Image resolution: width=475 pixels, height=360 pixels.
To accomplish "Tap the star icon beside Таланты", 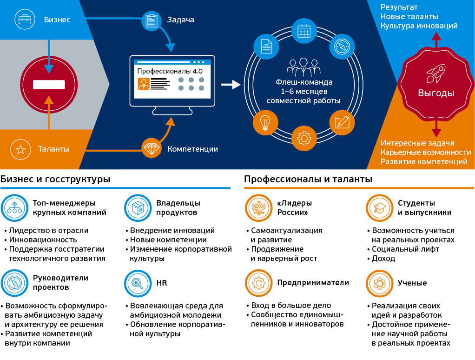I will [x=21, y=149].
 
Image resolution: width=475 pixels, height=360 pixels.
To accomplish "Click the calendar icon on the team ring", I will [x=303, y=31].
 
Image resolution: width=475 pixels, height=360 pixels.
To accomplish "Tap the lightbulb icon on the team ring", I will [x=265, y=122].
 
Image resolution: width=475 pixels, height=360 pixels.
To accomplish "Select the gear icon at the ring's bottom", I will [x=303, y=138].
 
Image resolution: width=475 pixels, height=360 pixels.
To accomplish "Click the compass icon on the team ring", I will [x=342, y=47].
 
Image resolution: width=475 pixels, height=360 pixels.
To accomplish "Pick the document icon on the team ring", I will [x=266, y=47].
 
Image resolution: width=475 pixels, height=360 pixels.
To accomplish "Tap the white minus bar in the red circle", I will [x=49, y=85].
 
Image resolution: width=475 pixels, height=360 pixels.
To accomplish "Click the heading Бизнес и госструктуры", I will [x=55, y=179].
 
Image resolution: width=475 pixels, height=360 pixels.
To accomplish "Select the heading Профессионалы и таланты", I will [x=308, y=179].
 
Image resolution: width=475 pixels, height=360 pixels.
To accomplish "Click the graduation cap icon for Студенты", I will [x=379, y=207].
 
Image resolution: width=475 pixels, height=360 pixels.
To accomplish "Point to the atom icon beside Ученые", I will [x=379, y=283].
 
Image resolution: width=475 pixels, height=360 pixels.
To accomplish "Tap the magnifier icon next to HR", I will [x=138, y=283].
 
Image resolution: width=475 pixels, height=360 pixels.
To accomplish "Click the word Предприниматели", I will [x=313, y=282].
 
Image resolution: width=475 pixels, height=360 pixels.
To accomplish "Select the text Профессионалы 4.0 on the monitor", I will [x=170, y=71].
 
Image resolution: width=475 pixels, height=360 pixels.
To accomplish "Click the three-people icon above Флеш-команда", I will [x=303, y=67].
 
